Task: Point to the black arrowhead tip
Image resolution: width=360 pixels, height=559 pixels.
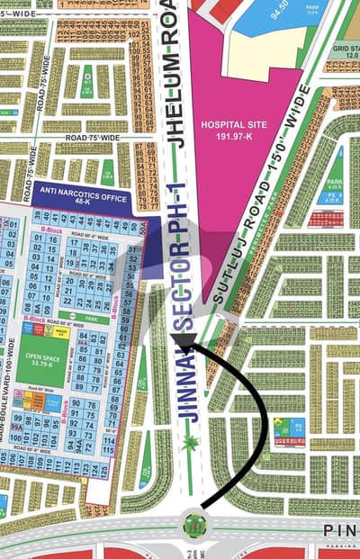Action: [176, 339]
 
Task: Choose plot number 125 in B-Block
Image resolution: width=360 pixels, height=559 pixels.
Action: [104, 470]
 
